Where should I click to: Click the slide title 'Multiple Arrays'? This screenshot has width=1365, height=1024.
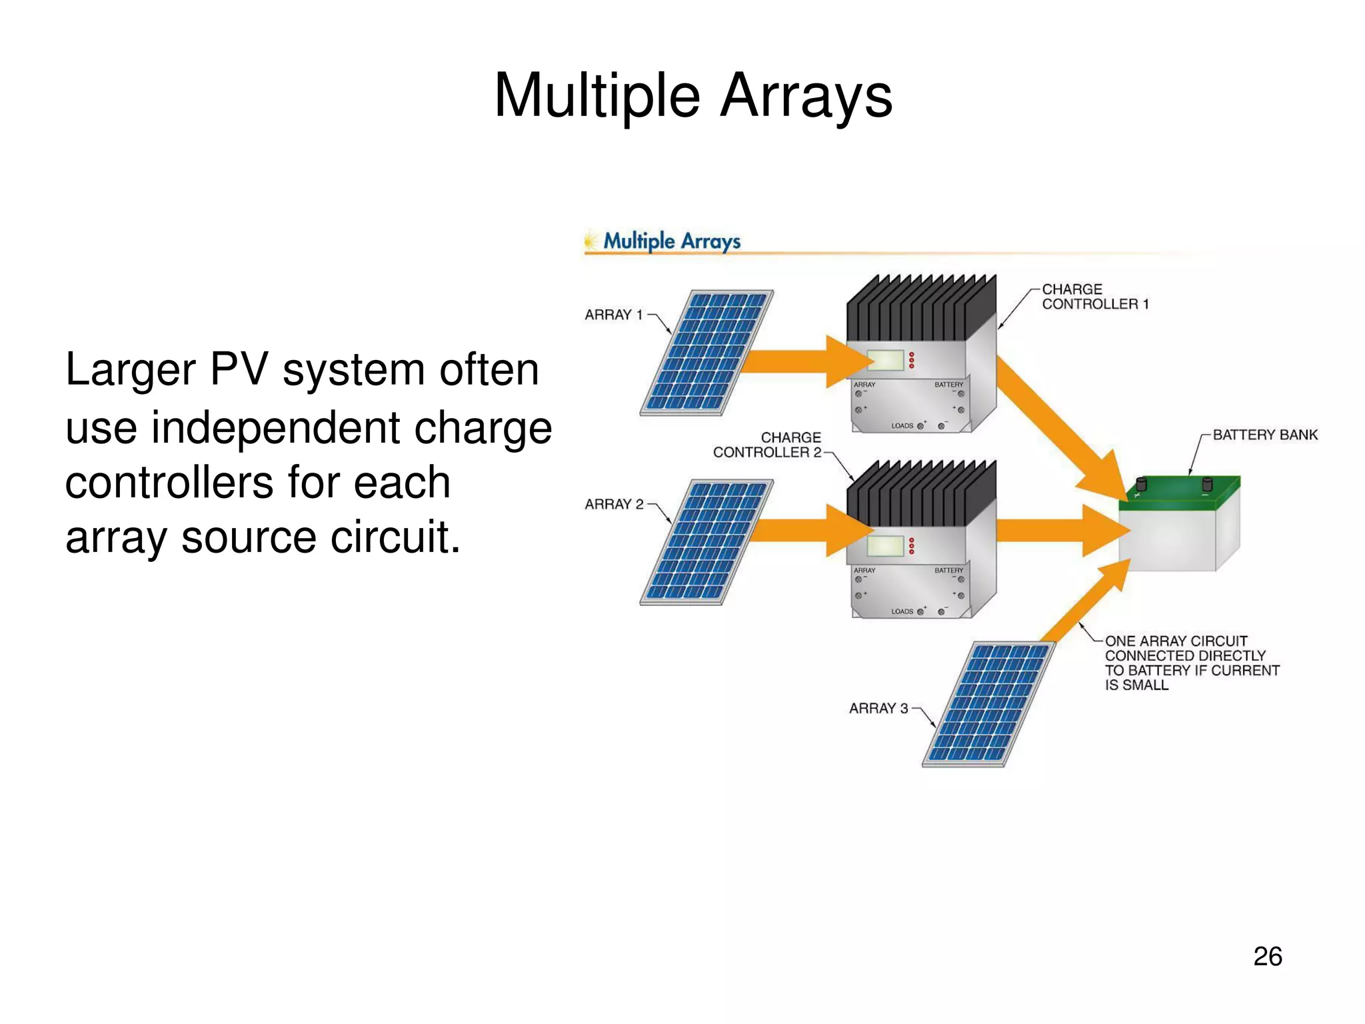pos(692,96)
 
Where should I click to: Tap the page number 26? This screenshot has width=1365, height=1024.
pos(1267,956)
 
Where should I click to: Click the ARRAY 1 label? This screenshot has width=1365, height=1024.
pos(613,315)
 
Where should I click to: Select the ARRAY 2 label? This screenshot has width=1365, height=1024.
pos(614,504)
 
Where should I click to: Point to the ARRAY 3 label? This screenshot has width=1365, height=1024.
pos(878,708)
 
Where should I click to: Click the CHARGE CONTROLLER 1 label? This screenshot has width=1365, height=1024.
pos(1094,297)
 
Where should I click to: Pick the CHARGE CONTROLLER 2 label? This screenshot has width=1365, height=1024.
pos(768,445)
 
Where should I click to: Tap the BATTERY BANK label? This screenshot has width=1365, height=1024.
pos(1264,435)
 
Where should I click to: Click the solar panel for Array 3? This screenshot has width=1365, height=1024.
pos(989,704)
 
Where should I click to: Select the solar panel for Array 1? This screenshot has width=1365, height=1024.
pos(706,352)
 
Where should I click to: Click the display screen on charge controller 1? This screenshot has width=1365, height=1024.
pos(885,361)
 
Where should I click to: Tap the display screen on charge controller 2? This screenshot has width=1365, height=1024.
pos(885,546)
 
